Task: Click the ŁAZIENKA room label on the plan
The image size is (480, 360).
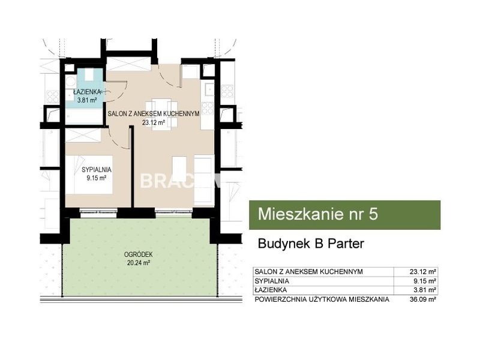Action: tap(87, 92)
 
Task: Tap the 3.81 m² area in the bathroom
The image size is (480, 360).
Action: tap(87, 100)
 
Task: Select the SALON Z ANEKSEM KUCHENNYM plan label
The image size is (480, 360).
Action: tap(154, 113)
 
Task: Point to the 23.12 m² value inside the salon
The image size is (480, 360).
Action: tap(154, 123)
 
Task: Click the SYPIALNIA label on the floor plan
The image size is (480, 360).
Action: tap(97, 170)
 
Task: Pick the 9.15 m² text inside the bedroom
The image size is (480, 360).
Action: tap(97, 178)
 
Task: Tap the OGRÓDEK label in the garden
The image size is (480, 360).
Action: tap(139, 254)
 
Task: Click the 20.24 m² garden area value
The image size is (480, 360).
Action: tap(139, 263)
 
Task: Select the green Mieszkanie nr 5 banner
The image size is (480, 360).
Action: tap(344, 215)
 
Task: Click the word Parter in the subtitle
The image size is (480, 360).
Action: tap(346, 244)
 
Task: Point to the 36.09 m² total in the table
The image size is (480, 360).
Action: tap(423, 299)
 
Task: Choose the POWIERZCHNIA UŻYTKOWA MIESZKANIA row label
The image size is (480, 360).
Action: tap(322, 299)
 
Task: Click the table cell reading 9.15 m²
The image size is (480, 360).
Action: tap(425, 281)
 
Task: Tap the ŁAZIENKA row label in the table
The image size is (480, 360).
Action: tap(271, 290)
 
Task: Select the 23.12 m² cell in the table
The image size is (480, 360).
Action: tap(423, 272)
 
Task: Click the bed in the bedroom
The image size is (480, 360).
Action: tap(89, 175)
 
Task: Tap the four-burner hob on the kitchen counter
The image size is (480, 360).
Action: tap(207, 109)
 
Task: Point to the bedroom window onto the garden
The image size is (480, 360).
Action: tap(98, 211)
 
